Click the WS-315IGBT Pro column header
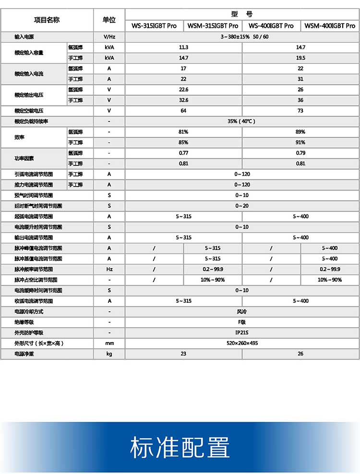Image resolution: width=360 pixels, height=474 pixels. click(x=154, y=26)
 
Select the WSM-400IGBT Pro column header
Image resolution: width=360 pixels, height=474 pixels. click(x=330, y=26)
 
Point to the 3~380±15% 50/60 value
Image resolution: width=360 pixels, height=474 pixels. click(x=242, y=37)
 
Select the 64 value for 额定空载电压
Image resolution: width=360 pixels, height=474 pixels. click(x=183, y=111)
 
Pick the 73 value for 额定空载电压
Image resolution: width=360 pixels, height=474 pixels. click(x=300, y=111)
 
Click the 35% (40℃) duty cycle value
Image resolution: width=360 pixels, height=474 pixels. click(x=242, y=121)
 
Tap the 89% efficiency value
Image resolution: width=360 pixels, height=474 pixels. click(x=300, y=132)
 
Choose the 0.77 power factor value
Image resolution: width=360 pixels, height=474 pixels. click(x=183, y=153)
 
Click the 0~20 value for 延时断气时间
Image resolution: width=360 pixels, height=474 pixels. click(x=242, y=206)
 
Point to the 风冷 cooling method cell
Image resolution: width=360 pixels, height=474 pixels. click(x=242, y=312)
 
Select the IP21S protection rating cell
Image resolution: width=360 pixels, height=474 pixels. click(x=242, y=333)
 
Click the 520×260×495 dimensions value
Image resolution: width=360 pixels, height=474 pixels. click(x=242, y=344)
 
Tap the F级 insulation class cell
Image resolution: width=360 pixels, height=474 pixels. click(x=242, y=322)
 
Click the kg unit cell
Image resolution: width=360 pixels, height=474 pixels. click(x=109, y=354)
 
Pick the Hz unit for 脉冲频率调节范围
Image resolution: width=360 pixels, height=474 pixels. click(x=109, y=269)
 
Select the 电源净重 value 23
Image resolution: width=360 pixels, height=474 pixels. click(x=183, y=354)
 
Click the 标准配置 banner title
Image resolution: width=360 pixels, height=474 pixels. click(x=180, y=448)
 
